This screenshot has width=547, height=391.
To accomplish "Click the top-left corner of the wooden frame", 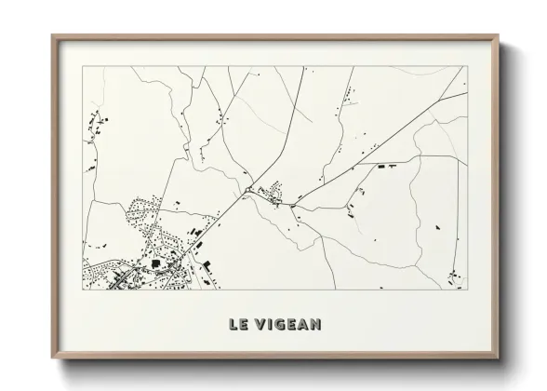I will [52, 35].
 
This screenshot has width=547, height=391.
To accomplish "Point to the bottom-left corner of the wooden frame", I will [52, 365].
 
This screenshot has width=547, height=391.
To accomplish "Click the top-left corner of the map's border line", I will [84, 67].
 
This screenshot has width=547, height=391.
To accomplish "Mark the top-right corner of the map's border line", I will [464, 67].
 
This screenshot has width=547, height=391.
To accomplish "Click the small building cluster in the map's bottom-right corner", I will [453, 276].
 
